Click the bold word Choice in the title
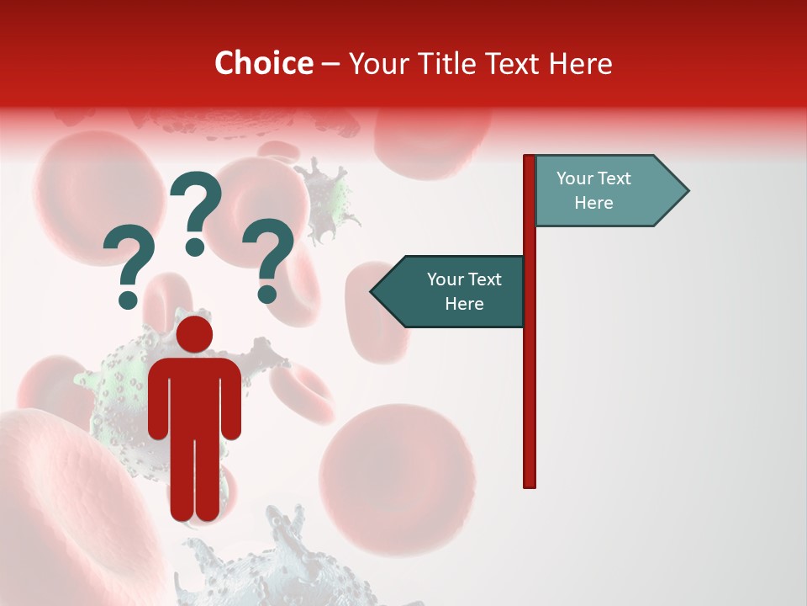263,63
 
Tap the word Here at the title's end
581,63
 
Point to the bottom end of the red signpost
530,484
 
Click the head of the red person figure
194,334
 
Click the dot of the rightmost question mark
267,294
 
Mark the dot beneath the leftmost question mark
128,299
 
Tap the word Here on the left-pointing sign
464,304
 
